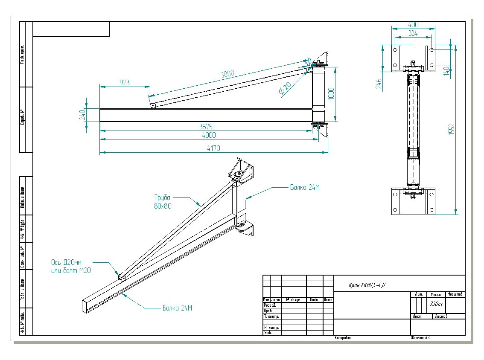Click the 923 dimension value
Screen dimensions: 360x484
point(124,82)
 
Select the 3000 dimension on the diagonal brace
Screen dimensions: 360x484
point(227,74)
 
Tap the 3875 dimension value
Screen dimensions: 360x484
point(206,127)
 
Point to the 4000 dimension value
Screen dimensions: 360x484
point(209,135)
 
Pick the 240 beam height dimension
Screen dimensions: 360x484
point(83,114)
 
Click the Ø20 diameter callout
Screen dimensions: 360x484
point(284,90)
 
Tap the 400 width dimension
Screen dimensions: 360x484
point(413,25)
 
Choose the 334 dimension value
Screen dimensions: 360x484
point(413,33)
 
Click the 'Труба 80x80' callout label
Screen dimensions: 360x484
point(162,202)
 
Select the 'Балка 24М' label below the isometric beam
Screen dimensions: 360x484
point(177,308)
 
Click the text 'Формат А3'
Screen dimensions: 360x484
point(420,338)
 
